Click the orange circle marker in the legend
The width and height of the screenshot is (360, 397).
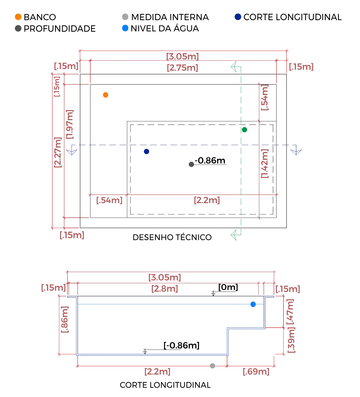18,17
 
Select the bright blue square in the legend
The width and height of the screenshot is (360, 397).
125,28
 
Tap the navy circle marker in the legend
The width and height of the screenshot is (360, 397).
237,17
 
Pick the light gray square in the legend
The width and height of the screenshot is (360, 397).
125,17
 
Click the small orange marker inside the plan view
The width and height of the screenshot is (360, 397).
105,94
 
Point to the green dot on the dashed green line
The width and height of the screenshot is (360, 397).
244,130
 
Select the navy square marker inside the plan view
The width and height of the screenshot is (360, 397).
147,152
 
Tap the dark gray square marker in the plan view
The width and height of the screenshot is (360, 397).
191,165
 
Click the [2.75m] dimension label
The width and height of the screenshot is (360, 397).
182,68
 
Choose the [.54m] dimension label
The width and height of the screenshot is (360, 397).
110,200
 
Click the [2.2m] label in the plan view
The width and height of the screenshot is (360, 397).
207,200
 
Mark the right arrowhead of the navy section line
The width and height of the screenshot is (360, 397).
296,152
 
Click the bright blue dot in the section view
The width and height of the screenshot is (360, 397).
253,305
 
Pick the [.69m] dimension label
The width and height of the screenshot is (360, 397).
256,372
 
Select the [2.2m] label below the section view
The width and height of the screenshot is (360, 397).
157,372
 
